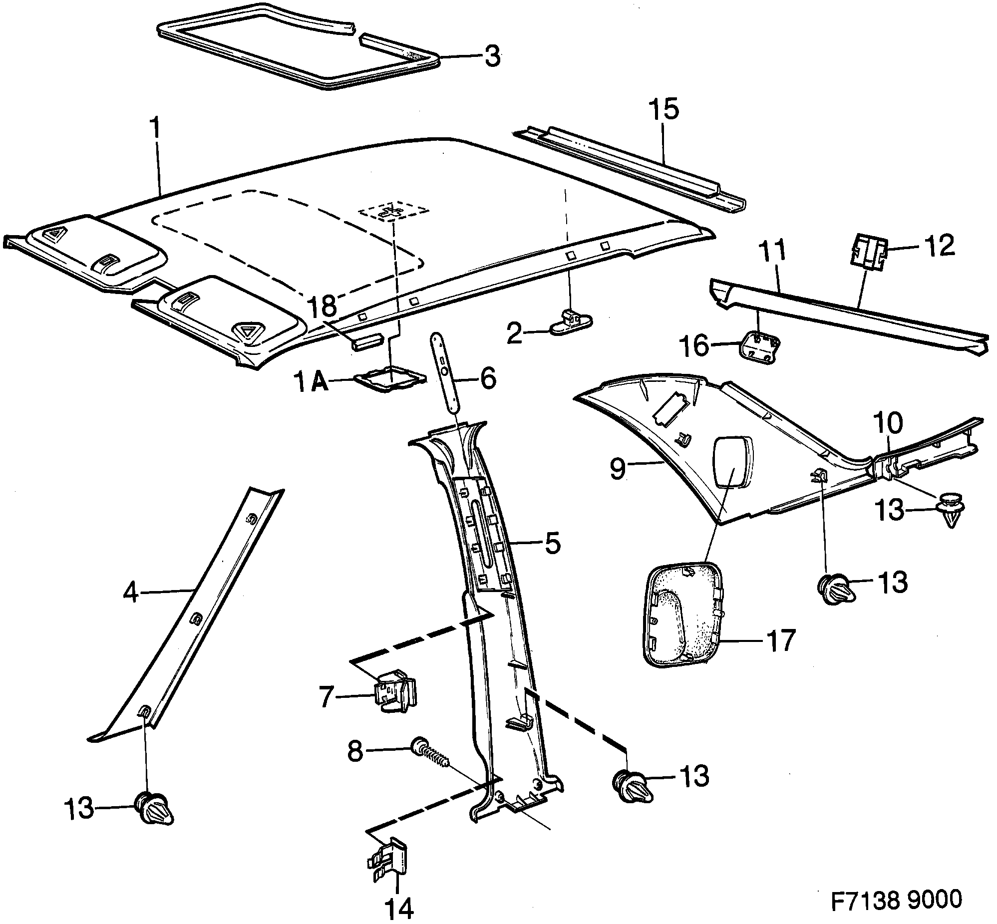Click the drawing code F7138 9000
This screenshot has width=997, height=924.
click(x=896, y=899)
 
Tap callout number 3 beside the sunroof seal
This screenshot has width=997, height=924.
click(x=492, y=57)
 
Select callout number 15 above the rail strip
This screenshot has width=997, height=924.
click(x=665, y=109)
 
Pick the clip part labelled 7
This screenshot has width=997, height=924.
click(x=396, y=692)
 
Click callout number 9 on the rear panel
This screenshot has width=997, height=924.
click(x=618, y=469)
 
